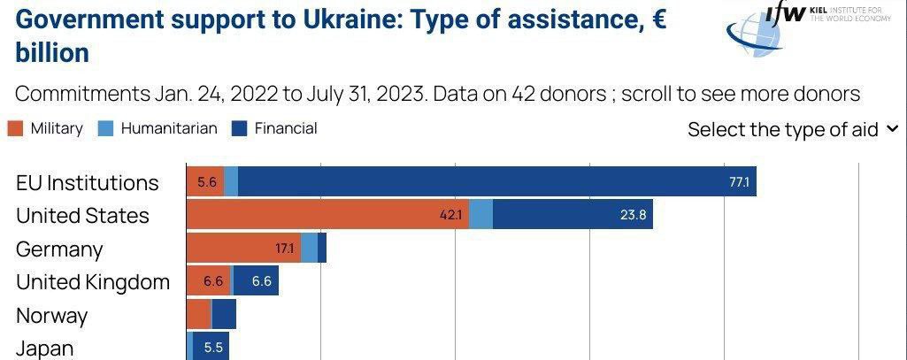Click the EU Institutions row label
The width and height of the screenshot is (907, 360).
pos(87,182)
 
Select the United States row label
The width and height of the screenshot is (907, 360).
pos(82,216)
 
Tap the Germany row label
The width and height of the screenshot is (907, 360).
pos(59,249)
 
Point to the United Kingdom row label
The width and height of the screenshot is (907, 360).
pos(93,282)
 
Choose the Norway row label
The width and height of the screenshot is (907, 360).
pos(51,316)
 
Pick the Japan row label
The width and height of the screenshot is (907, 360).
pos(44,348)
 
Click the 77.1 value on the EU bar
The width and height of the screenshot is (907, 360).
pos(739,182)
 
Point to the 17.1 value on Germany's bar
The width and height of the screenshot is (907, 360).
pos(284,249)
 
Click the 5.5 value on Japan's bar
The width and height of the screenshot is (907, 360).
pos(213,348)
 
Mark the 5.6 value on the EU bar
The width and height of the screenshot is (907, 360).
pos(207,182)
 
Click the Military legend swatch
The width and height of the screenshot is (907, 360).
pos(15,128)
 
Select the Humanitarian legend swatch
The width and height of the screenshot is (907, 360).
pos(105,128)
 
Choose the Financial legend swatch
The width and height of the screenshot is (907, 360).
pos(239,128)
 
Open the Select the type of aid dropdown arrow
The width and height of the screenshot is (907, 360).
pos(891,129)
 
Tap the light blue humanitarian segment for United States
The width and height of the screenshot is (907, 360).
pos(480,215)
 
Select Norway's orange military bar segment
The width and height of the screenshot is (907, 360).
pos(199,314)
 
